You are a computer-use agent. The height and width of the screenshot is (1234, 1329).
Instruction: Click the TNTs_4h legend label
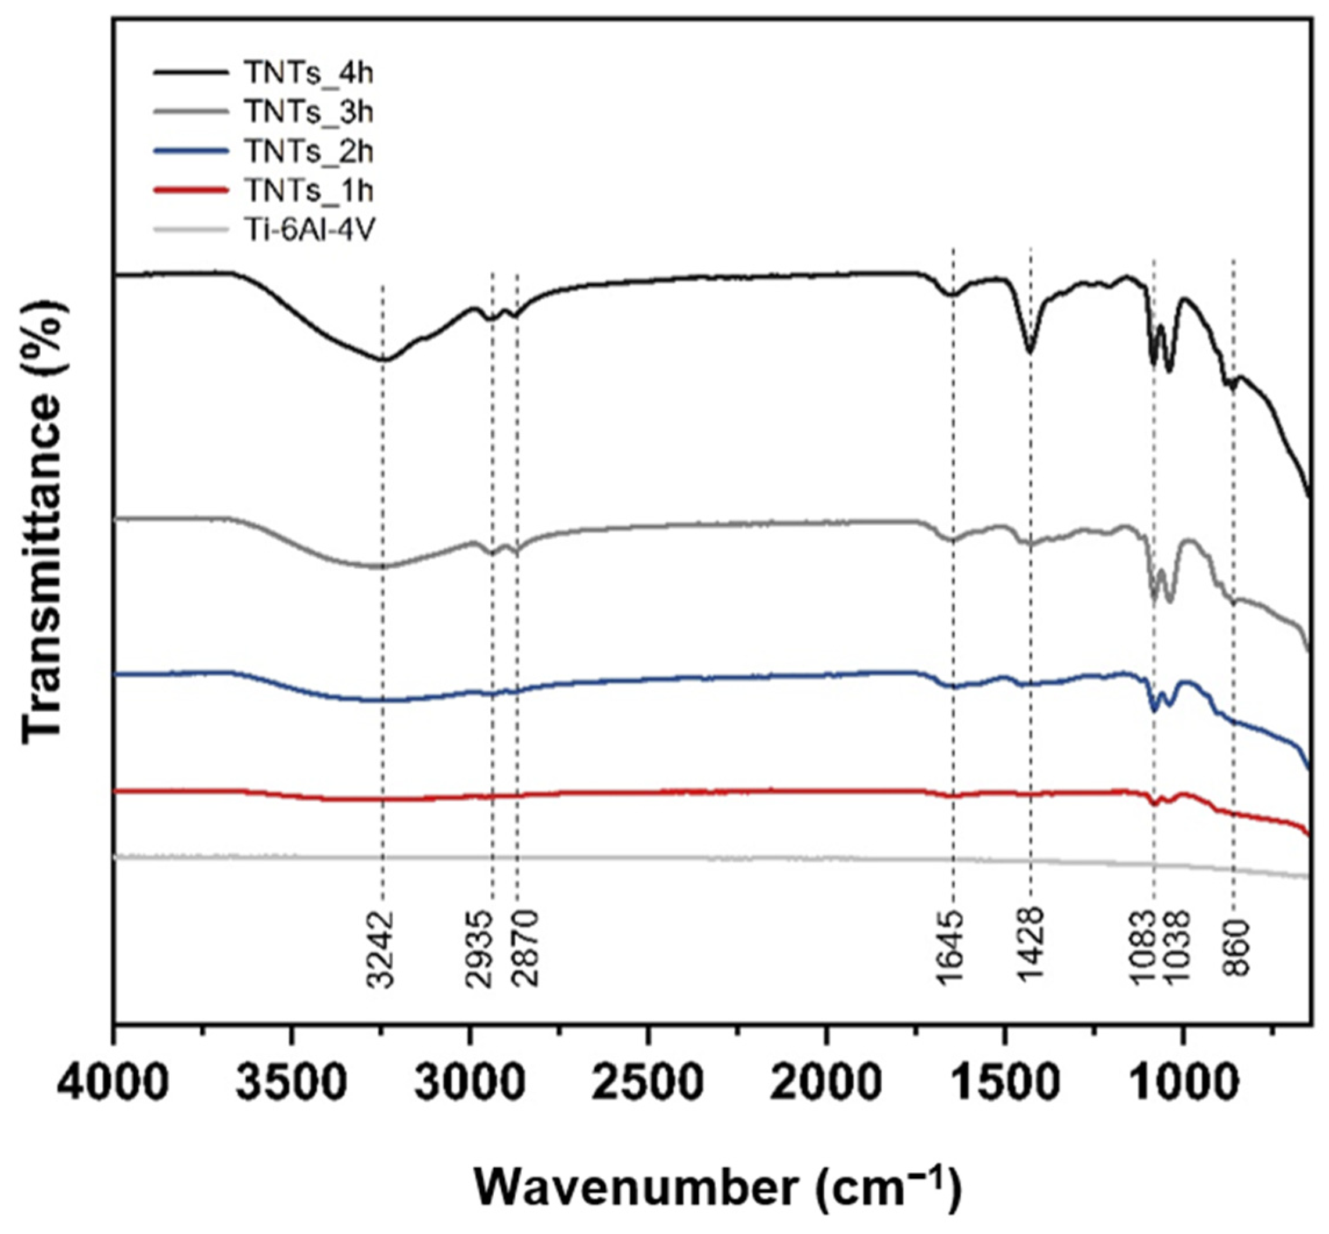308,73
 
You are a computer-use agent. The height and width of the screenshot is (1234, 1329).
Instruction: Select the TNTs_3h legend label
308,112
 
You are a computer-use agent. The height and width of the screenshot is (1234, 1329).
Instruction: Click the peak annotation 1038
1177,949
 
